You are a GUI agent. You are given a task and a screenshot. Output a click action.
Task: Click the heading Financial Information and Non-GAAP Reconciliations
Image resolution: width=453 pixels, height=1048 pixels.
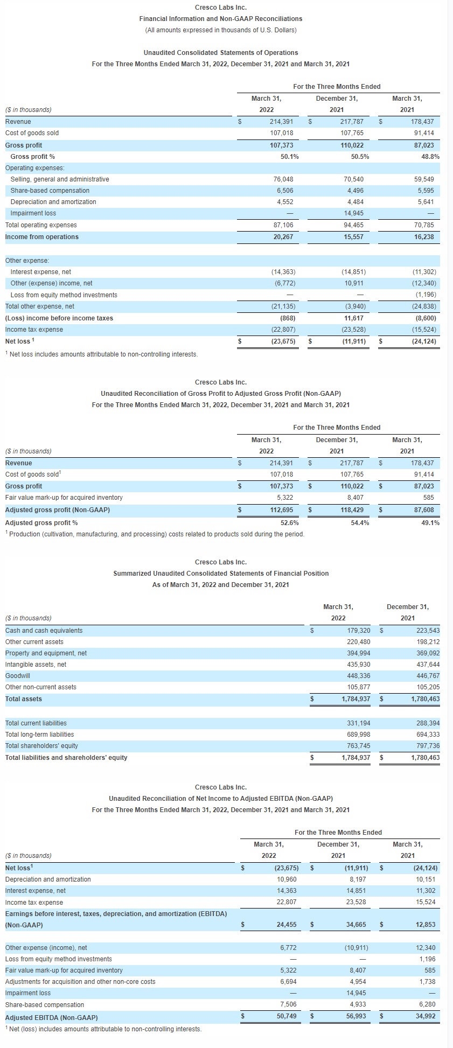(x=221, y=19)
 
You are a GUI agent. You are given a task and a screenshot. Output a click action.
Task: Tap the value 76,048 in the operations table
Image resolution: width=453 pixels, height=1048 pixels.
(x=283, y=179)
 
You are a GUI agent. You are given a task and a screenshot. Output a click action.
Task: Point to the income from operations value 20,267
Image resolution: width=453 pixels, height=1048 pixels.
(x=283, y=237)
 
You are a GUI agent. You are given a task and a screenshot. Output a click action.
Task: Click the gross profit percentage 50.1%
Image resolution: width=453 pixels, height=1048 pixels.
(x=290, y=157)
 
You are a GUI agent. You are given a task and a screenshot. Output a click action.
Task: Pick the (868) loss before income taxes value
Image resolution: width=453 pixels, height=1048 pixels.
(x=288, y=318)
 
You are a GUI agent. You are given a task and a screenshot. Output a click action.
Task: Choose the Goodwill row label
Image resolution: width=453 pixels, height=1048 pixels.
(x=18, y=676)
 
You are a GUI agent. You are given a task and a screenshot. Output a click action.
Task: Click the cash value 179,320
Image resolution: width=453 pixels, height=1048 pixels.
(x=358, y=631)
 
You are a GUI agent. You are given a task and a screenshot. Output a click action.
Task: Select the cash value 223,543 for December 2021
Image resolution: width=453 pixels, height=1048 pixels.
(x=428, y=631)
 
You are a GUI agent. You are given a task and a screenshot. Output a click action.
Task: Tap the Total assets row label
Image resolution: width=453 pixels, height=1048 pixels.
(x=24, y=699)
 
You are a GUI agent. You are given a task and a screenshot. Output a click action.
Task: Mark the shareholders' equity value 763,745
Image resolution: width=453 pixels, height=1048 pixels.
(x=358, y=746)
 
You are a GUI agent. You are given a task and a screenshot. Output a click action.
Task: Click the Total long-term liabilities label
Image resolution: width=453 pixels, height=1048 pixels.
(x=40, y=735)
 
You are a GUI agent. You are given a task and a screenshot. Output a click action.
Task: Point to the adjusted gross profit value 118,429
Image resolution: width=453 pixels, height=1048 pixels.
(x=353, y=510)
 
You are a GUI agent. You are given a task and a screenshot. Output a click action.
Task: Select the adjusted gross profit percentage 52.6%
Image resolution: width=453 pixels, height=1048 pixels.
(x=290, y=523)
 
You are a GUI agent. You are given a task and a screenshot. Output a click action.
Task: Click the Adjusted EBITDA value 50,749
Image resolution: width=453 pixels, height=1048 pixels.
(x=285, y=1016)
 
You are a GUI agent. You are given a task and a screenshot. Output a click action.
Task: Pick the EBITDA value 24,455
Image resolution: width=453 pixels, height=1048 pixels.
(x=285, y=925)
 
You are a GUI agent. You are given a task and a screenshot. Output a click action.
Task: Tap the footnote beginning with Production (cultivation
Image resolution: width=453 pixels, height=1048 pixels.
(x=156, y=534)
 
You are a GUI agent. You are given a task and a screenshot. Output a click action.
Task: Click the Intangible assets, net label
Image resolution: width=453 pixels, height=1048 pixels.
(x=36, y=665)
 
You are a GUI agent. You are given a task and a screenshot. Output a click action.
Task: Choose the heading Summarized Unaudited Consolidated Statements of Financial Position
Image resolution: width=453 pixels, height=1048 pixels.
(x=221, y=574)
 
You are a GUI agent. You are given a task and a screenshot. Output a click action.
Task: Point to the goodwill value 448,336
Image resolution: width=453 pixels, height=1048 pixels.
(x=358, y=676)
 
